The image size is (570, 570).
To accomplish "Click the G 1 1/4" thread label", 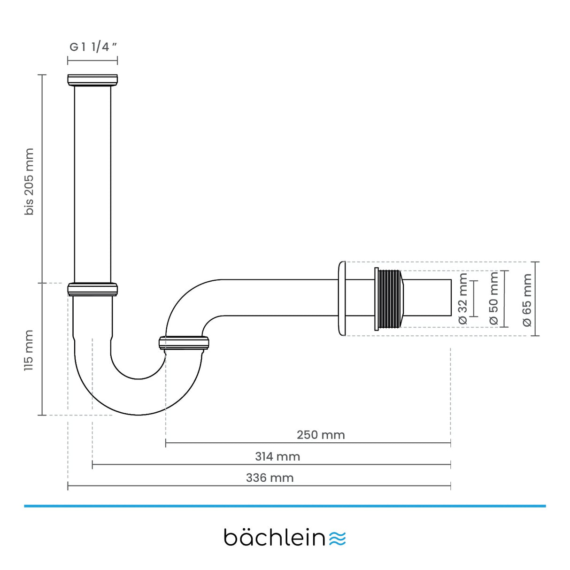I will (x=92, y=47).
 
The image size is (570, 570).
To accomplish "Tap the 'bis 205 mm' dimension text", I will (x=30, y=182).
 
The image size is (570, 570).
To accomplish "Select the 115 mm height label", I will (x=29, y=350).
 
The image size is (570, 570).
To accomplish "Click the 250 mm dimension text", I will (x=321, y=435).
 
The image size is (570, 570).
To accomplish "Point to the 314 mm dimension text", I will (x=277, y=456).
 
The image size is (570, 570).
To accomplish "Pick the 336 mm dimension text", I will (x=270, y=478).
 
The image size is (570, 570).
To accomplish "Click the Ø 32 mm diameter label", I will (x=463, y=299).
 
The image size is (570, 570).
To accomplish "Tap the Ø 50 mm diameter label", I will (x=494, y=299).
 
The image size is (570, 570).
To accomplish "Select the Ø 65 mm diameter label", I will (x=527, y=300).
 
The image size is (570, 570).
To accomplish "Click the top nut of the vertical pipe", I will (x=92, y=80).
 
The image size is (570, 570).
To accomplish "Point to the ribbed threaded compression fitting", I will (x=389, y=299).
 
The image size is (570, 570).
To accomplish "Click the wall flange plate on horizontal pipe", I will (x=341, y=299).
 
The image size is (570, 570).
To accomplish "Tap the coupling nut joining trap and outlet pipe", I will (x=184, y=343).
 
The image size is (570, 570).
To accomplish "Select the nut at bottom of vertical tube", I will (x=92, y=289).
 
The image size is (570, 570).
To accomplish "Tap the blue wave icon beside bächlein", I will (x=338, y=539).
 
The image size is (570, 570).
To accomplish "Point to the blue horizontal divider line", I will (x=285, y=506).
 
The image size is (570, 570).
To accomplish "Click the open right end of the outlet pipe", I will (x=450, y=298).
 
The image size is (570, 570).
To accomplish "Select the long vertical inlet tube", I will (x=92, y=183).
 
